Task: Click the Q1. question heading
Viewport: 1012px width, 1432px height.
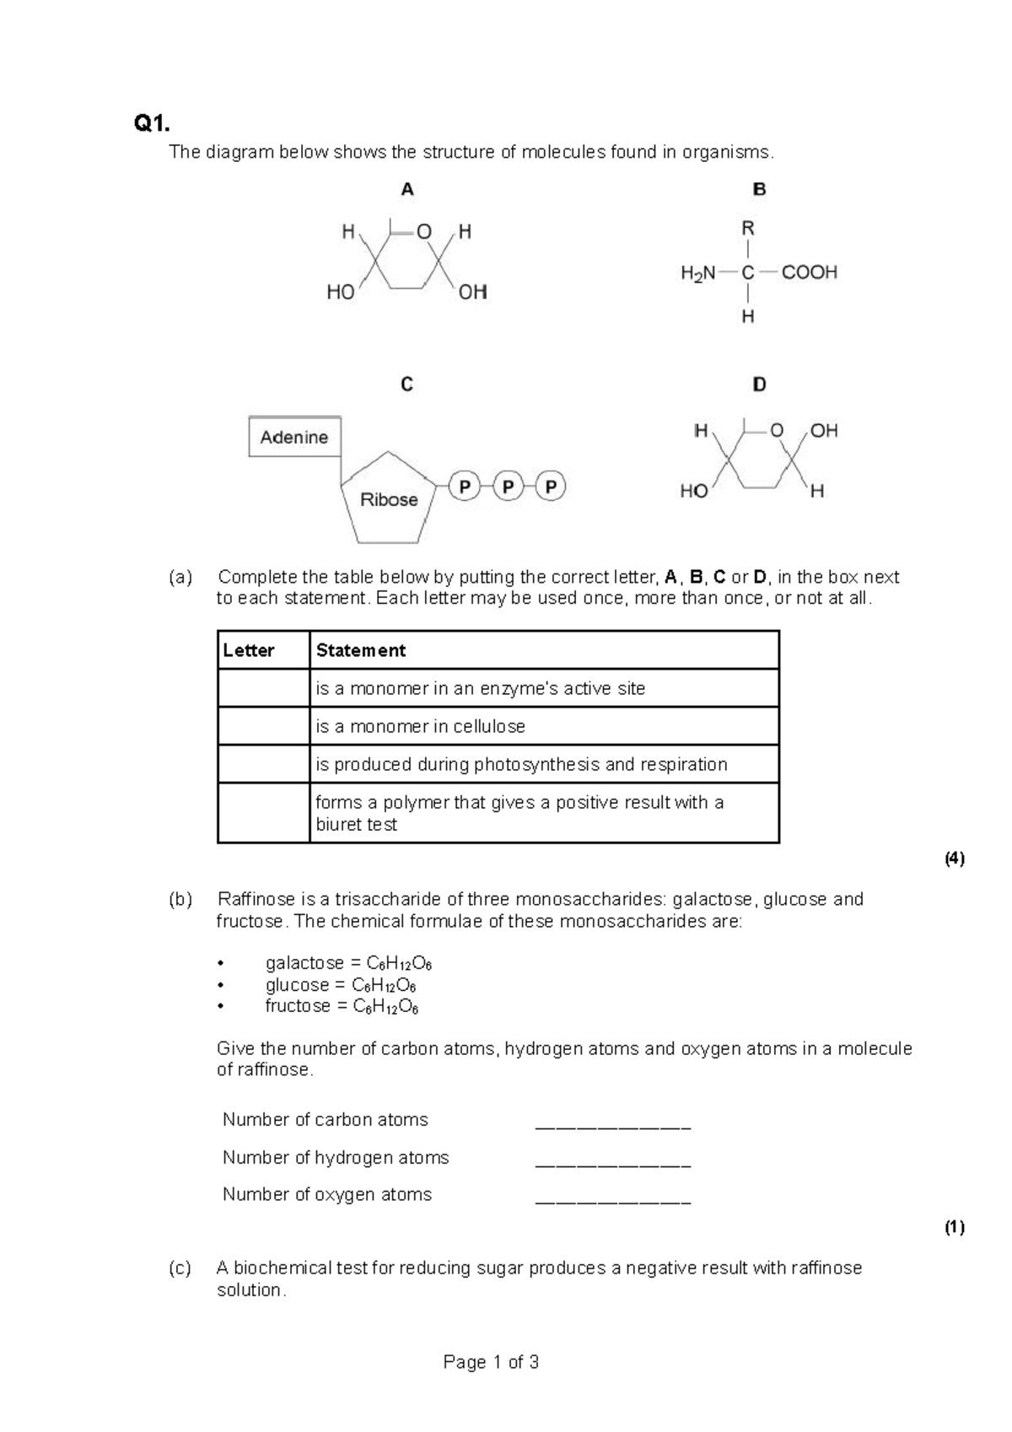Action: point(152,124)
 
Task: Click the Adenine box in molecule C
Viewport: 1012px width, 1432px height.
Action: point(294,437)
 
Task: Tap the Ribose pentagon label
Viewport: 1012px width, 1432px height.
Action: point(389,499)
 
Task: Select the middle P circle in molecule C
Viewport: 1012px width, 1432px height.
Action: point(508,487)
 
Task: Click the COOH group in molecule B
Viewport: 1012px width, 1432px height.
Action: point(809,272)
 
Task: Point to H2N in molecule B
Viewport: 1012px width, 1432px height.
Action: point(697,272)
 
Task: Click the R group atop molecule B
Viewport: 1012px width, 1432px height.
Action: point(747,229)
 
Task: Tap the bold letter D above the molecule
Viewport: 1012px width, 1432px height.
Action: point(759,385)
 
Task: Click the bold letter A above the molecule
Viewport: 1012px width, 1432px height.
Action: point(407,190)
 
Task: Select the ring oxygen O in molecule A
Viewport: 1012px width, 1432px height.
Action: point(424,231)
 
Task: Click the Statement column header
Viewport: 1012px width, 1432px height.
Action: point(360,650)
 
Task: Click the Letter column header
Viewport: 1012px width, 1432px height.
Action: point(248,650)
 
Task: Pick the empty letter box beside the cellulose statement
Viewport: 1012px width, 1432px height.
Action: point(263,726)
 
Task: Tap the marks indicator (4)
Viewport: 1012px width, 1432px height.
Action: point(954,859)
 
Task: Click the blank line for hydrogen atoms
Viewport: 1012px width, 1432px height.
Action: point(613,1164)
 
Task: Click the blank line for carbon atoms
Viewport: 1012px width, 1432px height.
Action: point(613,1126)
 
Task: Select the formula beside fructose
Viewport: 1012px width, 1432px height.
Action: point(385,1006)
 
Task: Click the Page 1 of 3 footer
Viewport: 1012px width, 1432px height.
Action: point(491,1362)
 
